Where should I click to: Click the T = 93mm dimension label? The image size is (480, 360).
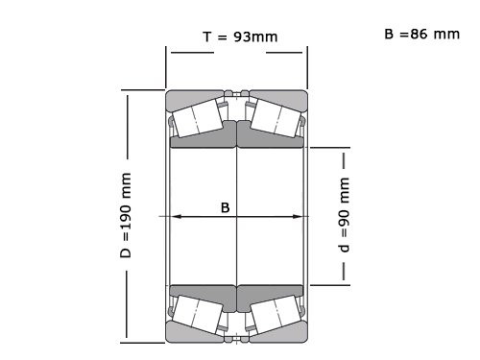(239, 37)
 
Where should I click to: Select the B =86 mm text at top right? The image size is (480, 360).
(421, 34)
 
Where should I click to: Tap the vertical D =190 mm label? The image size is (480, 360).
(126, 218)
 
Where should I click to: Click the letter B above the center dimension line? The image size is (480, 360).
(226, 206)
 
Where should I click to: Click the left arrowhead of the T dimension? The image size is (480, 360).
(171, 49)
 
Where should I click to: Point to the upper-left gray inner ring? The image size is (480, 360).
(204, 140)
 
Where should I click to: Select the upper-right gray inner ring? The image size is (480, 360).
(271, 140)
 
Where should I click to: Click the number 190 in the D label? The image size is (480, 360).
(126, 228)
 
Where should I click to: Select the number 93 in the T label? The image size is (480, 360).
(245, 37)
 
